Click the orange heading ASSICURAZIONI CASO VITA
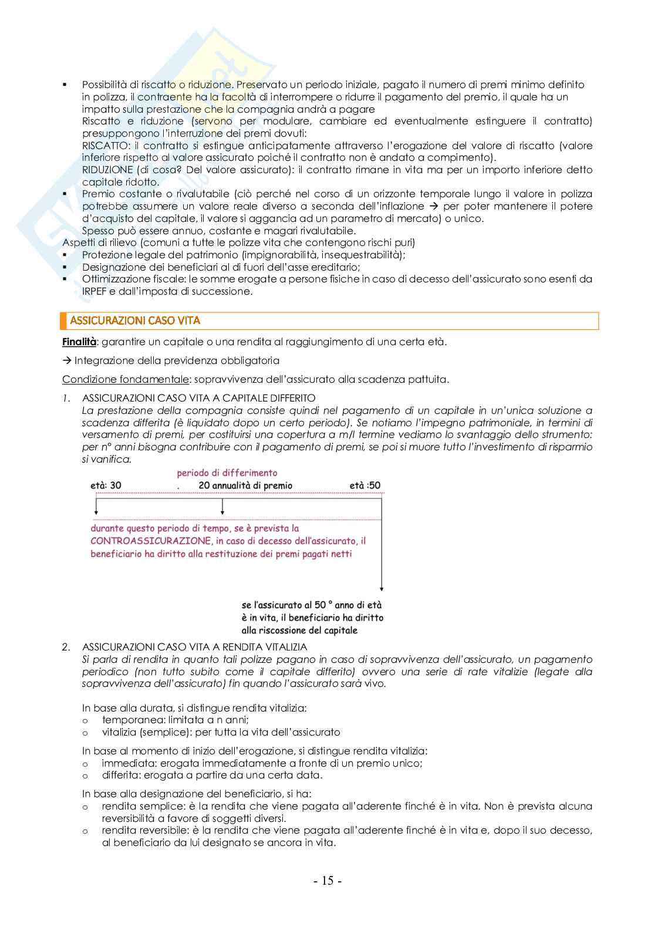click(135, 321)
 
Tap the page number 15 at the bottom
click(327, 881)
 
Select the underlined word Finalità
click(79, 342)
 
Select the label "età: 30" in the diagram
click(106, 486)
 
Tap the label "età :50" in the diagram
click(364, 486)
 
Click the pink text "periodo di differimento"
click(227, 473)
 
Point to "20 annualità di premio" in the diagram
click(245, 486)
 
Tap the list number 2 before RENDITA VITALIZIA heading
click(66, 647)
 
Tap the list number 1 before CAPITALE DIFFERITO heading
click(66, 398)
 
